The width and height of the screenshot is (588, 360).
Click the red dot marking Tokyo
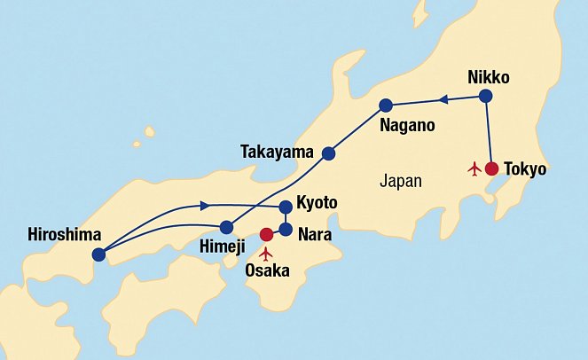(491, 168)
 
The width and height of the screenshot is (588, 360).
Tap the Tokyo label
(525, 168)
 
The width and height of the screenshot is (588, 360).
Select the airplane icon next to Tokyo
(474, 168)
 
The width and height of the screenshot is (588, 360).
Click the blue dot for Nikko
(485, 96)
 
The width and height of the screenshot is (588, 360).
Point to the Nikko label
(489, 77)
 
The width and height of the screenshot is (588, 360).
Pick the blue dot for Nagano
(386, 105)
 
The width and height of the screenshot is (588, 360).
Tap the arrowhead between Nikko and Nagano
(444, 99)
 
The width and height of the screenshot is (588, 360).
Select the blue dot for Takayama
(328, 153)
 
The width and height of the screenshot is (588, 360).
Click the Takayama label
(278, 153)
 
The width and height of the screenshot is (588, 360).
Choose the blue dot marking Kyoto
(286, 207)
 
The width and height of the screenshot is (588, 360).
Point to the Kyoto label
(318, 203)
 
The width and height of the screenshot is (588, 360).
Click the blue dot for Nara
(286, 229)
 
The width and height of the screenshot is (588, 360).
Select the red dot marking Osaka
(266, 235)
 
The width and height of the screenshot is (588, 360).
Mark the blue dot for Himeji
(227, 226)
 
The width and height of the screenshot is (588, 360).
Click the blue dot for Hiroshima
(98, 254)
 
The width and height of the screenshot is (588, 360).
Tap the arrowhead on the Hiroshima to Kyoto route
(205, 206)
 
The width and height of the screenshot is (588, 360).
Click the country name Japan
(400, 181)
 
